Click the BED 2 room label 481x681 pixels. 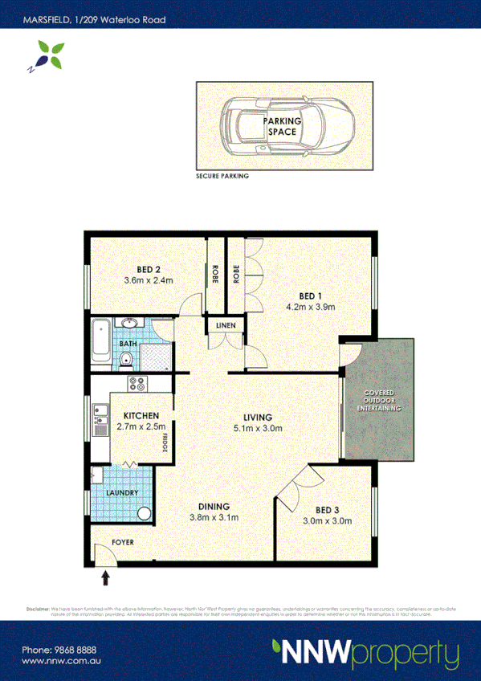click(149, 269)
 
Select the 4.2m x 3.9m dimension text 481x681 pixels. click(310, 307)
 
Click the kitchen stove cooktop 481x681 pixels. click(137, 384)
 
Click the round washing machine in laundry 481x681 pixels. click(144, 514)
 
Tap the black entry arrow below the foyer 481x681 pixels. click(105, 577)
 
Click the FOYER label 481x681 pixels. click(123, 543)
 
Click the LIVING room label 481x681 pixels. click(259, 418)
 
